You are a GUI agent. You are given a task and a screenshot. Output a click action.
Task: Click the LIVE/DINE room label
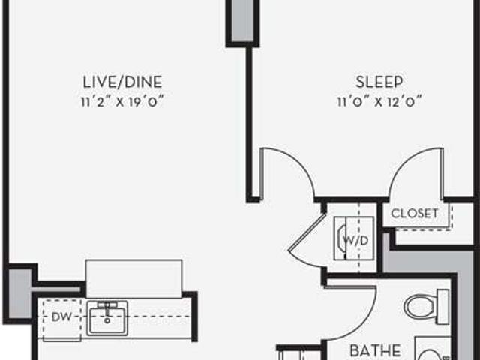coord(122,82)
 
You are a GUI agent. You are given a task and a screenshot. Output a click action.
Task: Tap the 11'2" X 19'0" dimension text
coord(122,102)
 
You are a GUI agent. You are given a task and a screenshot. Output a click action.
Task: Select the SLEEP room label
coord(379,82)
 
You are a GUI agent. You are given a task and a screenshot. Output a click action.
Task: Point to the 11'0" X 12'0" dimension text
coord(379,102)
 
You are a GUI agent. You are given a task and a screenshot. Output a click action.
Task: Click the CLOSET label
coord(415,213)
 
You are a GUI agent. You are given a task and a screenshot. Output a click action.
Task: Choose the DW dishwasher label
coord(61,316)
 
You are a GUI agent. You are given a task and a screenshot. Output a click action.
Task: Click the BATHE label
coord(375,350)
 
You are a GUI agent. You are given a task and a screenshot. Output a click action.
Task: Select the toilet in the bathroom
coord(427,307)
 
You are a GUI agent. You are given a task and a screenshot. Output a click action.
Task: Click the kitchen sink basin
coord(107,318)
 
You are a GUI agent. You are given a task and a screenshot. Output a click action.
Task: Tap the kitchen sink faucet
coord(107,309)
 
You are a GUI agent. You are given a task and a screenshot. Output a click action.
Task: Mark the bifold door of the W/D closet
coord(306,241)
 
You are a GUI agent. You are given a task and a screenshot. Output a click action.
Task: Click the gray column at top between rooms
coord(242,21)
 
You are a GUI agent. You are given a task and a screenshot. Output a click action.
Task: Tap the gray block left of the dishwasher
coord(19,294)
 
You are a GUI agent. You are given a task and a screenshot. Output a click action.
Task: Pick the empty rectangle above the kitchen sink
coord(133,278)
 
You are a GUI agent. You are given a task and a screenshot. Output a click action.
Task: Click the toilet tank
coord(443,307)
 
